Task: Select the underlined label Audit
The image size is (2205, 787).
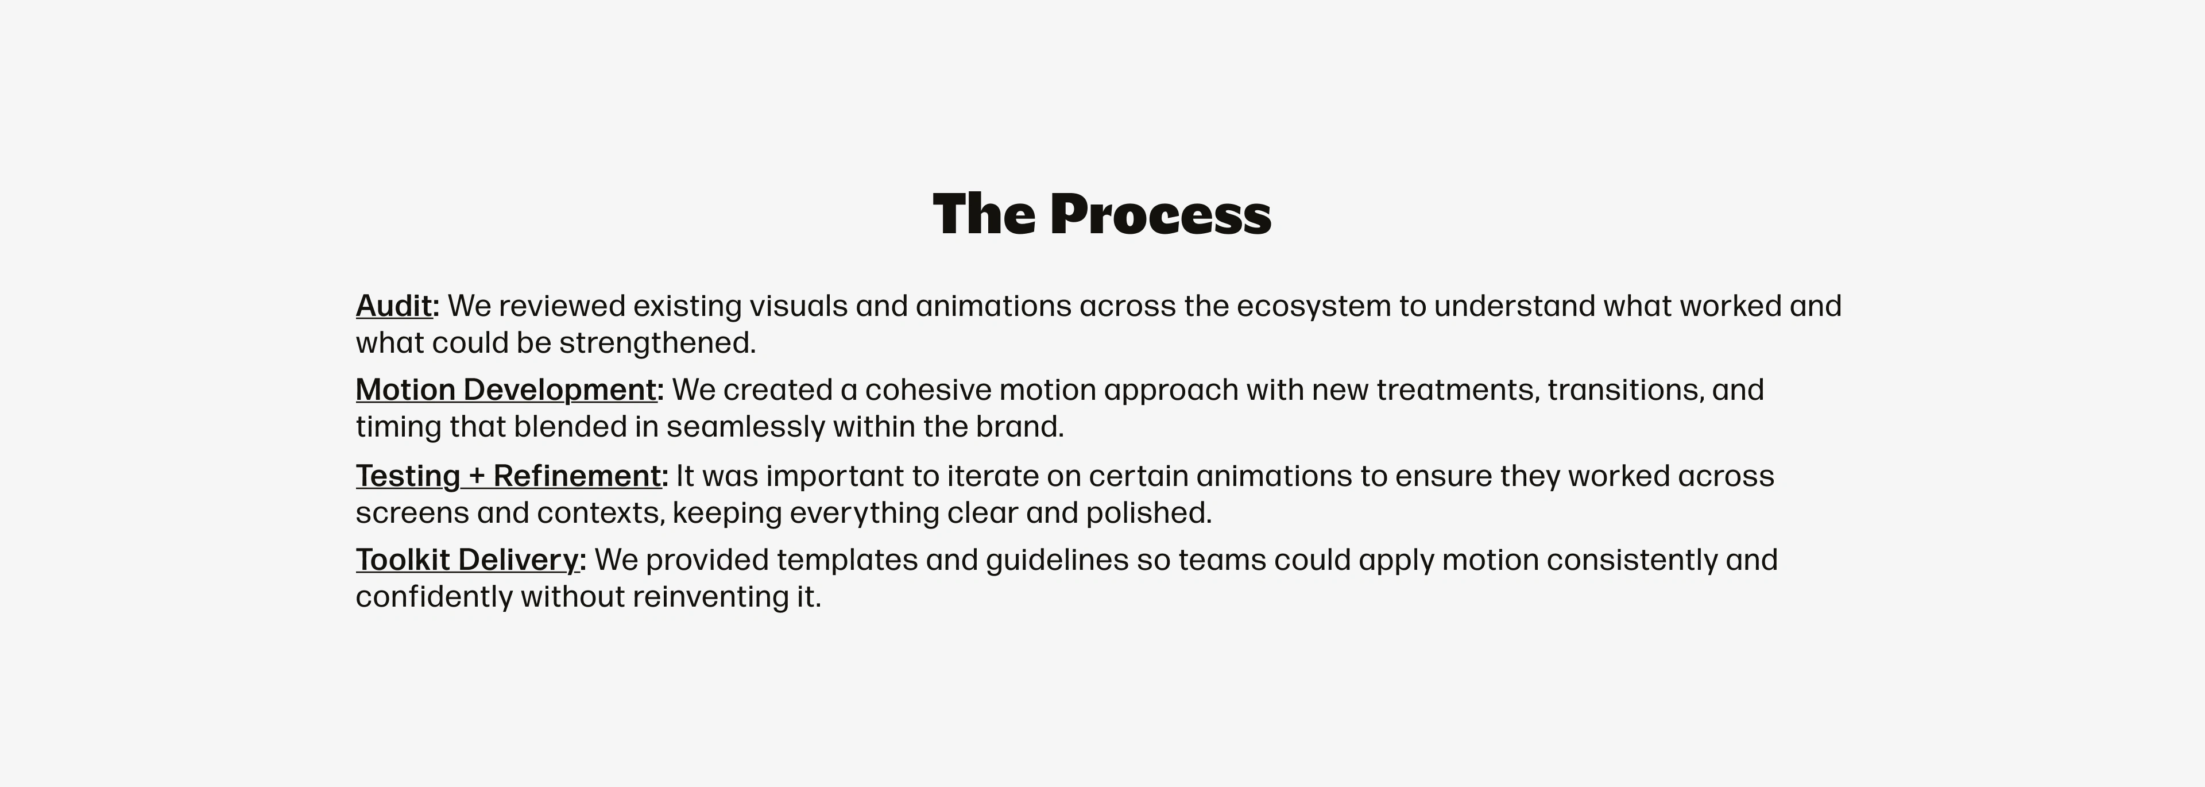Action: [394, 306]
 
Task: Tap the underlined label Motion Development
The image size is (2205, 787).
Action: [506, 389]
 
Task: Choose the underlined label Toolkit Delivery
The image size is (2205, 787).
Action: [467, 559]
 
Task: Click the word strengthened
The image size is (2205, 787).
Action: [657, 342]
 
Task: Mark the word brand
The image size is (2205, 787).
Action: [1019, 426]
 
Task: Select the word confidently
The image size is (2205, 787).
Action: [434, 597]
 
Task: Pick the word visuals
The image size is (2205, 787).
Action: [799, 306]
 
